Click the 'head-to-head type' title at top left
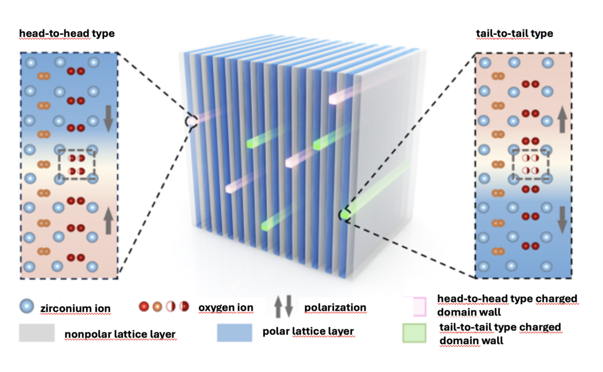[x=67, y=34]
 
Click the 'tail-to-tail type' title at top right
[x=515, y=34]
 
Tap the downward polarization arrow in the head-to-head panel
[x=108, y=119]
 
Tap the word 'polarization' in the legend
[x=335, y=307]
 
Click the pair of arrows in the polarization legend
[x=283, y=307]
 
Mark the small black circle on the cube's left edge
[x=190, y=121]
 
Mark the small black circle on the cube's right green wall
[x=344, y=216]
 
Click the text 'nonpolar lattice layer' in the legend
[x=120, y=334]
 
